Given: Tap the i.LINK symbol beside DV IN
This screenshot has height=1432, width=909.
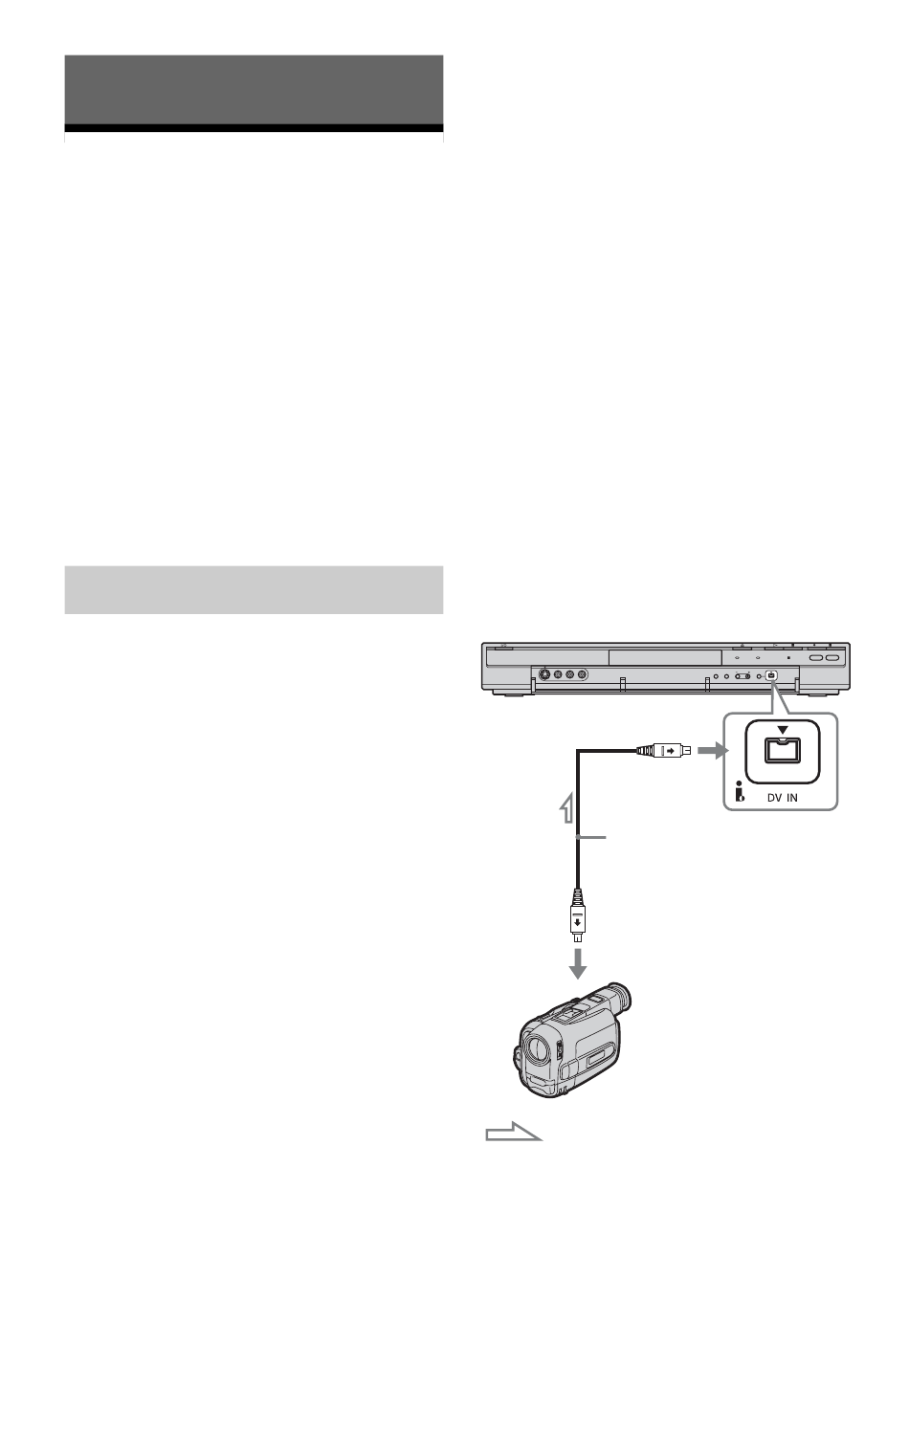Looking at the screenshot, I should click(x=739, y=792).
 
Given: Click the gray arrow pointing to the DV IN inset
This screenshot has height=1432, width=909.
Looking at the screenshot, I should click(x=710, y=751).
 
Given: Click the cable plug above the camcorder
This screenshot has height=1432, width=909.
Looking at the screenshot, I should click(x=577, y=922).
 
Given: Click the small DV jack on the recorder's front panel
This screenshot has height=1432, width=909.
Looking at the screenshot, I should click(x=772, y=675).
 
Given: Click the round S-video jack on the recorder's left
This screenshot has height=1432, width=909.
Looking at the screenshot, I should click(x=544, y=675).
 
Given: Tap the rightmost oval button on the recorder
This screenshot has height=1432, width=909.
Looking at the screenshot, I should click(x=831, y=658).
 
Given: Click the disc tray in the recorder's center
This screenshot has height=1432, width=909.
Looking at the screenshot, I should click(x=664, y=657).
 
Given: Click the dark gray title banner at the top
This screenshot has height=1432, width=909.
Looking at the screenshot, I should click(x=254, y=90).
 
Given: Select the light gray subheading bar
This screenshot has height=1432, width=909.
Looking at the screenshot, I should click(x=254, y=589).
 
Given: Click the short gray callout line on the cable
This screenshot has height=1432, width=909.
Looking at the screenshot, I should click(x=592, y=837).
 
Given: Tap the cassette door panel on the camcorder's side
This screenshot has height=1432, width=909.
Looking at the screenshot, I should click(x=592, y=1058).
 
